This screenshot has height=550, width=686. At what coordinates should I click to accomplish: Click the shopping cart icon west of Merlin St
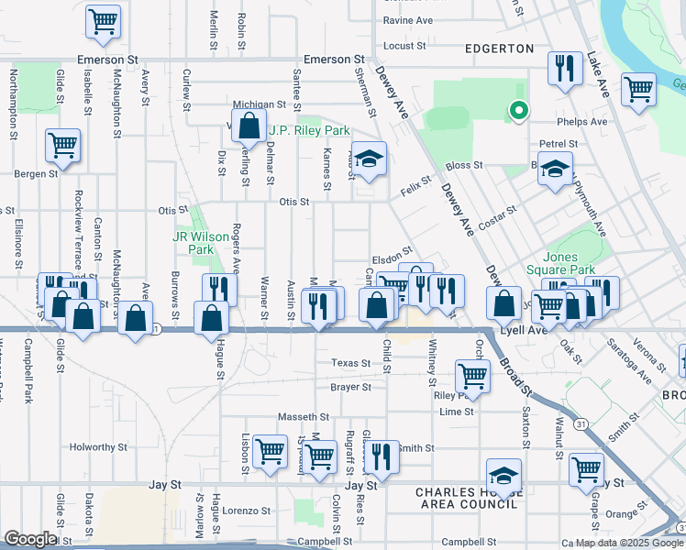(x=104, y=22)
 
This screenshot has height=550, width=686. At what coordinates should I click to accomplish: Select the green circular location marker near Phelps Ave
(x=518, y=112)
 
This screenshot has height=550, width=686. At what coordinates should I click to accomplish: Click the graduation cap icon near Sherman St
(x=369, y=159)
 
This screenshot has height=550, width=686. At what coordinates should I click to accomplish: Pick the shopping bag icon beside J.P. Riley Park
(x=249, y=125)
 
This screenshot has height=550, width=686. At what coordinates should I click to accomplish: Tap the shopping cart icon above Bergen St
(x=62, y=144)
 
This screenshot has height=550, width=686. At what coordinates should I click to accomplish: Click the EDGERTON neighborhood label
(x=499, y=48)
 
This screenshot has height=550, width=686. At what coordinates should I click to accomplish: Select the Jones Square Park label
(x=560, y=263)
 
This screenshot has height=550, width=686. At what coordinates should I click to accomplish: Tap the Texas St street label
(x=351, y=363)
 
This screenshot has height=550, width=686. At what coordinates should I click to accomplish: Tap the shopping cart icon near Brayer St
(x=471, y=375)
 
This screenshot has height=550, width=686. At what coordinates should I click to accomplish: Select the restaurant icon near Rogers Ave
(x=219, y=290)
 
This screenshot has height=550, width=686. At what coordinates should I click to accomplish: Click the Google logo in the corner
(x=30, y=539)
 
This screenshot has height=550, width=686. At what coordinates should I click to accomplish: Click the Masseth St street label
(x=310, y=415)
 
